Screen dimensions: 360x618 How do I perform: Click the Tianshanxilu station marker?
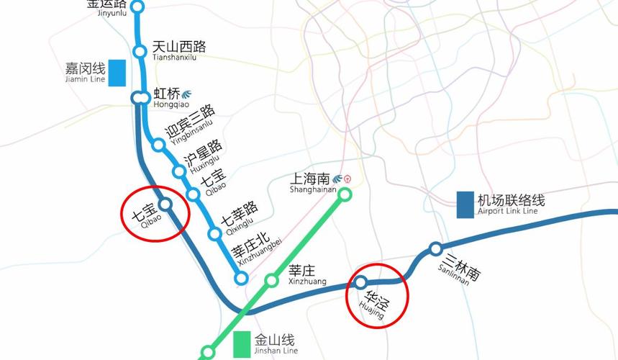140,51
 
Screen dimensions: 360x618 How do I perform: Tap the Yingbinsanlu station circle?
159,145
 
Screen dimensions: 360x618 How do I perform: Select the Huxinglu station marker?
179,171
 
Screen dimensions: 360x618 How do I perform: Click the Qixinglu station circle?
214,233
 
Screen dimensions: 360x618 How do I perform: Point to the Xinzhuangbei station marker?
242,278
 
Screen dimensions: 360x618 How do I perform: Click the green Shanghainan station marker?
345,194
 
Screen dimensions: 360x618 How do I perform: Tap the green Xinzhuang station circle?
271,280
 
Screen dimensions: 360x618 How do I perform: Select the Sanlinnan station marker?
435,249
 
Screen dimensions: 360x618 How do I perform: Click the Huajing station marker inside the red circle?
361,282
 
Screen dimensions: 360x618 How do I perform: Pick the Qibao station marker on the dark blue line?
165,204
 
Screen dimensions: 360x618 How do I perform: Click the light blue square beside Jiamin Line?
117,72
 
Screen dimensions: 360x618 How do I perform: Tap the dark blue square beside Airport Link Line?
465,204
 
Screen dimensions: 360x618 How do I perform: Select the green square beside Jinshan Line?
242,343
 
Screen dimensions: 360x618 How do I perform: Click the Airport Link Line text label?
512,204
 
